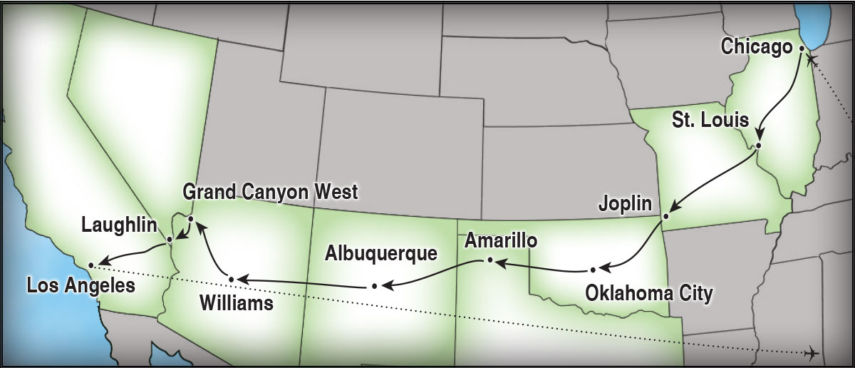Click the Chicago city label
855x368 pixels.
point(757,47)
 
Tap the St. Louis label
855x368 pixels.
point(710,119)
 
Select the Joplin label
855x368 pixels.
point(626,205)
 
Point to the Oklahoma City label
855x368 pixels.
point(648,292)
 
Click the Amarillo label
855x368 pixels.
point(500,240)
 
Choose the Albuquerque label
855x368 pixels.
point(380,254)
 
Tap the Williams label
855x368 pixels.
point(237,304)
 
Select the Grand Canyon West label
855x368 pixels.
point(270,192)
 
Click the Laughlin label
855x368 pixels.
point(118,226)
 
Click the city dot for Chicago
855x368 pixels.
point(802,48)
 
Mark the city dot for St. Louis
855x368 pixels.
point(758,145)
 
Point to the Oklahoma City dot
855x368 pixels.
point(593,270)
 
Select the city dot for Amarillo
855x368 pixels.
point(489,260)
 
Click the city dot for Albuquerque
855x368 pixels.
point(374,287)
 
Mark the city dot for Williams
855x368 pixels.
point(231,278)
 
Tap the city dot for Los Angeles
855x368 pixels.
point(91,265)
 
